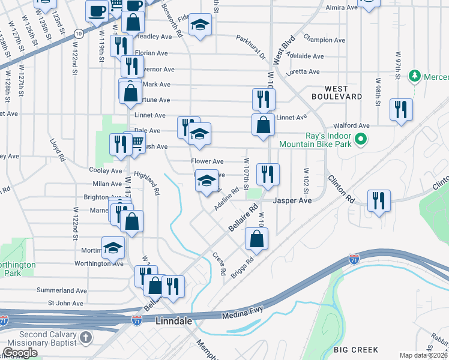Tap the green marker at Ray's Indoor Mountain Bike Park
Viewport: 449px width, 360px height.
[360, 140]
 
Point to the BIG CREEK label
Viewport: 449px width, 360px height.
[356, 350]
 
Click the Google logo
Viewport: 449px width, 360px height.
[20, 353]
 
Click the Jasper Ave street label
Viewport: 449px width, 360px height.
[293, 200]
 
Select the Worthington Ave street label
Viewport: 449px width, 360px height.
[99, 263]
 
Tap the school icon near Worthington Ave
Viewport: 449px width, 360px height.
[113, 247]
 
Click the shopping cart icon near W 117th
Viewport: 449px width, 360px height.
[136, 142]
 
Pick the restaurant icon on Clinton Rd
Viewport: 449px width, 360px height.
[379, 199]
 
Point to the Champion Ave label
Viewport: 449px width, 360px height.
[325, 40]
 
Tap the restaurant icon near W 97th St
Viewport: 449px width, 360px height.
[401, 109]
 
